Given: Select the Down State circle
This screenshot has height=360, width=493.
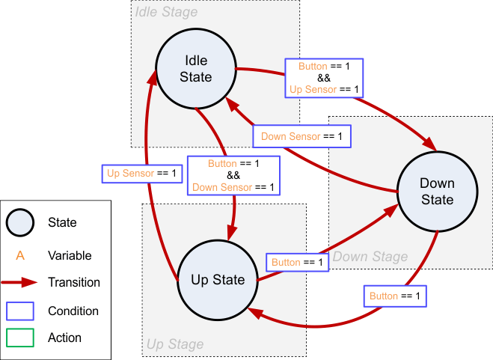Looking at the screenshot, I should point(437,192).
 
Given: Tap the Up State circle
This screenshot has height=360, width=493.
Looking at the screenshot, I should point(218,280).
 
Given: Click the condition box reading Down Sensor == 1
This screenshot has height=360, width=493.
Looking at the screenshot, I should point(301,137).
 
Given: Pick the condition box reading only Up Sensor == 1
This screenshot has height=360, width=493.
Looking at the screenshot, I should point(141,174).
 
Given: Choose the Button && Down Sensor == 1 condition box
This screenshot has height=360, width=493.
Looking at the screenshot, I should point(233,175).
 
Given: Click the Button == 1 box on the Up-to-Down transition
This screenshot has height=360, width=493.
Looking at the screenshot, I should point(297,263).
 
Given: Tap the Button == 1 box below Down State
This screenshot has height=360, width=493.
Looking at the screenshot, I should point(396,296).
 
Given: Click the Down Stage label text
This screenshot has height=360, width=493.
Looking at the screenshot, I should point(370,257).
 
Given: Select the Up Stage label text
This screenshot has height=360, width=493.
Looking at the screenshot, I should point(174,344).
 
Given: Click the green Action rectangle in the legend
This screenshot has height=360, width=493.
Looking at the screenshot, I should point(20,338).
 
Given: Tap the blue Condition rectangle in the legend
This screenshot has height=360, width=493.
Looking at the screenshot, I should point(20,311).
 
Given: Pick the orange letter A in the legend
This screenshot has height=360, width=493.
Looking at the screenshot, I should point(20,256).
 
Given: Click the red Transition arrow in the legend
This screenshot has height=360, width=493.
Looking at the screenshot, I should point(20,283).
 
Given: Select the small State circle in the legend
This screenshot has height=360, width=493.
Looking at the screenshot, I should point(20,222).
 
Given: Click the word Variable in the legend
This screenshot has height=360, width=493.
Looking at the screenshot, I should point(69,256).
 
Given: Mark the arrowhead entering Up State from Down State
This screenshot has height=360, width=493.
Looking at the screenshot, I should point(256,312).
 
